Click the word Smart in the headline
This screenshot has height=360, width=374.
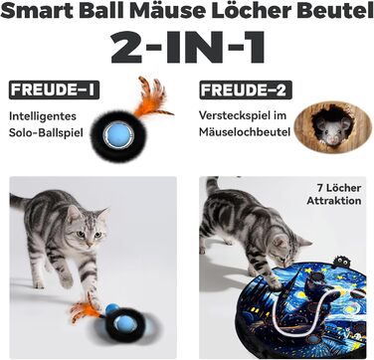click(38, 11)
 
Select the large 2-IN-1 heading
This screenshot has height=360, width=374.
click(188, 48)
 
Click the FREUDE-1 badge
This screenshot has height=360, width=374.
click(54, 90)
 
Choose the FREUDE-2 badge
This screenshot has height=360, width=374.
click(246, 90)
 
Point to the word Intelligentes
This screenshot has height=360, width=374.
click(43, 116)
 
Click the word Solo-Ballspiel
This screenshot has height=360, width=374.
click(46, 133)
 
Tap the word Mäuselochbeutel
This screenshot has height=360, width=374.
click(245, 132)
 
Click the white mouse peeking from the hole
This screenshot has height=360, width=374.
click(331, 129)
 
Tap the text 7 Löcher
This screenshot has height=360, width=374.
click(339, 188)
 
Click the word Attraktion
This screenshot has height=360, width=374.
click(334, 201)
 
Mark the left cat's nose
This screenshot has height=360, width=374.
click(90, 244)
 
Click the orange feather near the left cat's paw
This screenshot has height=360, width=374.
click(85, 309)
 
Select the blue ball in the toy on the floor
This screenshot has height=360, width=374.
click(124, 322)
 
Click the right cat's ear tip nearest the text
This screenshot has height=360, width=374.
click(310, 244)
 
